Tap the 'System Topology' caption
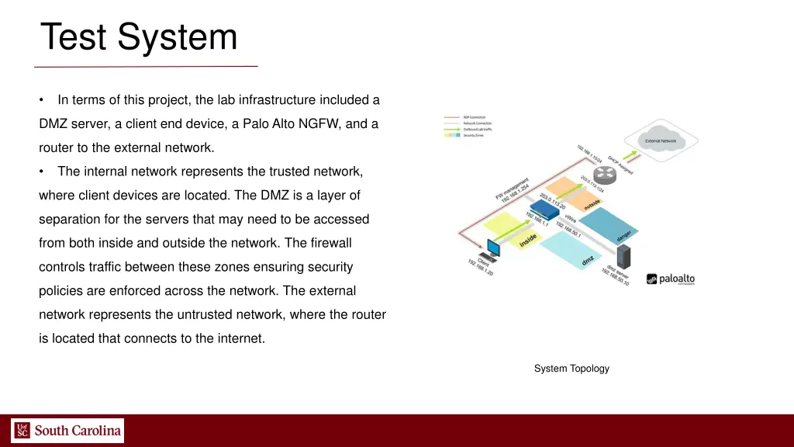pyautogui.click(x=571, y=369)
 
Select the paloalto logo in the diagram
pyautogui.click(x=671, y=279)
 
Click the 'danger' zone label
pyautogui.click(x=624, y=234)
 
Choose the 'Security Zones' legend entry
pyautogui.click(x=475, y=136)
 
